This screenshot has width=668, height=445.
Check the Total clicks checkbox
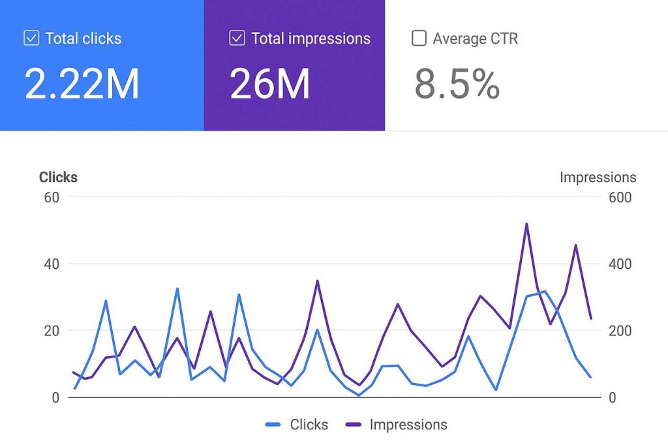point(31,38)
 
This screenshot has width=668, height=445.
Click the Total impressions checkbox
point(237,38)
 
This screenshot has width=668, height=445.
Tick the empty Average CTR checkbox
point(419,38)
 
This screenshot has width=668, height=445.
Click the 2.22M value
point(82,84)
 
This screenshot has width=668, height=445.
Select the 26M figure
point(270,84)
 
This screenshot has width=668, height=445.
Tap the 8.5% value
point(457,84)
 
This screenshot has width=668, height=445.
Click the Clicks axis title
point(58,177)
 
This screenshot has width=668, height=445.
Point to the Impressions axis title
point(598,177)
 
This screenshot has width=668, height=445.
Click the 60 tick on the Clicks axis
point(52,197)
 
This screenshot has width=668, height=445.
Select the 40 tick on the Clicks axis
point(52,264)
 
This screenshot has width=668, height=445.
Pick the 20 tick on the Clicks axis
point(52,331)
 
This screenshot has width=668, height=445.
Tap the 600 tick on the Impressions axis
point(620,197)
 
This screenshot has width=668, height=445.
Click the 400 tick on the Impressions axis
point(620,264)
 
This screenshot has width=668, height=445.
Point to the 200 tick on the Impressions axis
point(620,331)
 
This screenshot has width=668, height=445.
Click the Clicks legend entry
point(297,425)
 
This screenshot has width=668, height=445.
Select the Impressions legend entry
point(397,425)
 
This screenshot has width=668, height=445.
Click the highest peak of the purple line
point(526,224)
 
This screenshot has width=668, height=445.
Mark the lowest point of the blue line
point(359,395)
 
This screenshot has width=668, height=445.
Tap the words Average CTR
point(475,38)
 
